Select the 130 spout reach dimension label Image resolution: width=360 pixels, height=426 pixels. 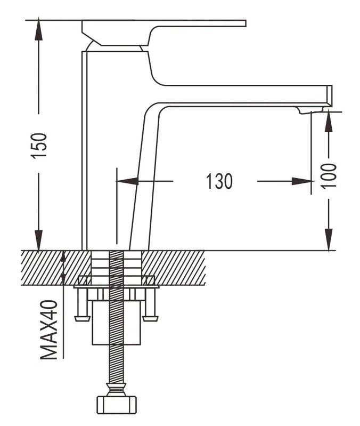[219, 181]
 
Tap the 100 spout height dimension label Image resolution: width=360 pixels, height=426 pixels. [329, 175]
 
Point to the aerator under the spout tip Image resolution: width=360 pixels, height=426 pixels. [311, 110]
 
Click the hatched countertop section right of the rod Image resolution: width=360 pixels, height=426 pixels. [176, 267]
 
